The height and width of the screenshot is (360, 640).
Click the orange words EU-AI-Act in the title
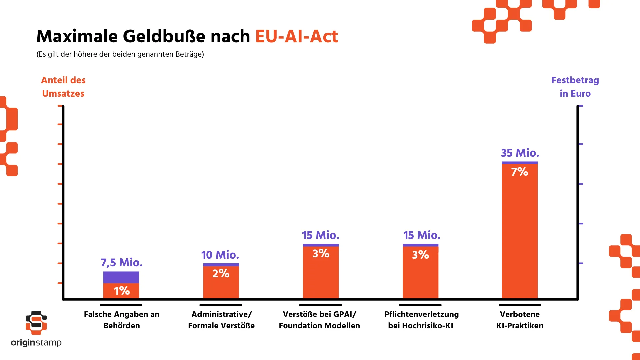[x=296, y=36]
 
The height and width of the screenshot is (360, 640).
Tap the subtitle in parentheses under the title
[x=120, y=54]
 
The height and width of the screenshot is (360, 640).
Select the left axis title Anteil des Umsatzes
[x=63, y=87]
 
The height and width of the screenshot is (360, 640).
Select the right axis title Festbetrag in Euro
[x=575, y=87]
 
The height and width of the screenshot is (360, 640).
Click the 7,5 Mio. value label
[x=121, y=263]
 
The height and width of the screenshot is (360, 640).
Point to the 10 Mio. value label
[x=220, y=255]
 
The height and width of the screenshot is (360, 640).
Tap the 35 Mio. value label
[x=520, y=153]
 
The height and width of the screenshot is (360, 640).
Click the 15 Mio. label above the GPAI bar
[x=320, y=235]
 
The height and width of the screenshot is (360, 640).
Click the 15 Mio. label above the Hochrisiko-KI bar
[x=422, y=235]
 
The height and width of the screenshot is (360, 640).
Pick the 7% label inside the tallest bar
[x=519, y=172]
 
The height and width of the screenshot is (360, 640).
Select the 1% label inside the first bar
[x=122, y=291]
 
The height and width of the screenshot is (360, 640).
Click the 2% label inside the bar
[x=221, y=274]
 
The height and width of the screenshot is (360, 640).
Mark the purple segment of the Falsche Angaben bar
[x=121, y=277]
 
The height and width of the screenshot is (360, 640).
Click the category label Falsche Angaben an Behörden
[x=121, y=320]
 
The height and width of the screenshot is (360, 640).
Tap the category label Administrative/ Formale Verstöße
[x=221, y=320]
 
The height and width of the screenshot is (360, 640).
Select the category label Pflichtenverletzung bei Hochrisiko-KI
[x=421, y=320]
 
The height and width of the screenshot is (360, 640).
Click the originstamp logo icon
[x=36, y=323]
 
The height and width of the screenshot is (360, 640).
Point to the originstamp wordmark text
[x=36, y=343]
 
